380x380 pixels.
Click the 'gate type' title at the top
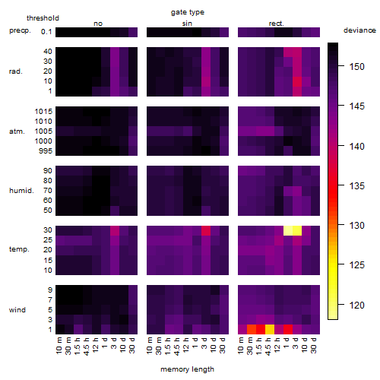tap(188, 12)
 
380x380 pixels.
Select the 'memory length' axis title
tap(187, 369)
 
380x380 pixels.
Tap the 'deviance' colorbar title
tap(359, 30)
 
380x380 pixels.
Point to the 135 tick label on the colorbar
tap(356, 186)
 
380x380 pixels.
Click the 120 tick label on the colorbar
tap(356, 305)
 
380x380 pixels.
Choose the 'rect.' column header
tap(276, 24)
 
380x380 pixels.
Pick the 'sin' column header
tap(187, 24)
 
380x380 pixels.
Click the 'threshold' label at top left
tap(43, 18)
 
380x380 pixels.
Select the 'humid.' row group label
tap(21, 191)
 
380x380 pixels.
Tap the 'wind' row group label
tap(17, 310)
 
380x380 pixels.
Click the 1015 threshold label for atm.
tap(43, 112)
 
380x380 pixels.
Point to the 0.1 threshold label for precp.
tap(46, 32)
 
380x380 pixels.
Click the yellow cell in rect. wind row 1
tap(270, 329)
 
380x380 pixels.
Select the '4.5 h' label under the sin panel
tap(176, 346)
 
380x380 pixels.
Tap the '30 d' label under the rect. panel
tap(313, 345)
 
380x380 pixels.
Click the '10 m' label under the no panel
tap(59, 346)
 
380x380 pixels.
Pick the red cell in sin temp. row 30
tap(206, 230)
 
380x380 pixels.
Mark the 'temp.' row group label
tap(19, 249)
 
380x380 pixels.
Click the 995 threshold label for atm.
tap(46, 151)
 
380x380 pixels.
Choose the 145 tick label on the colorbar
tap(356, 106)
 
